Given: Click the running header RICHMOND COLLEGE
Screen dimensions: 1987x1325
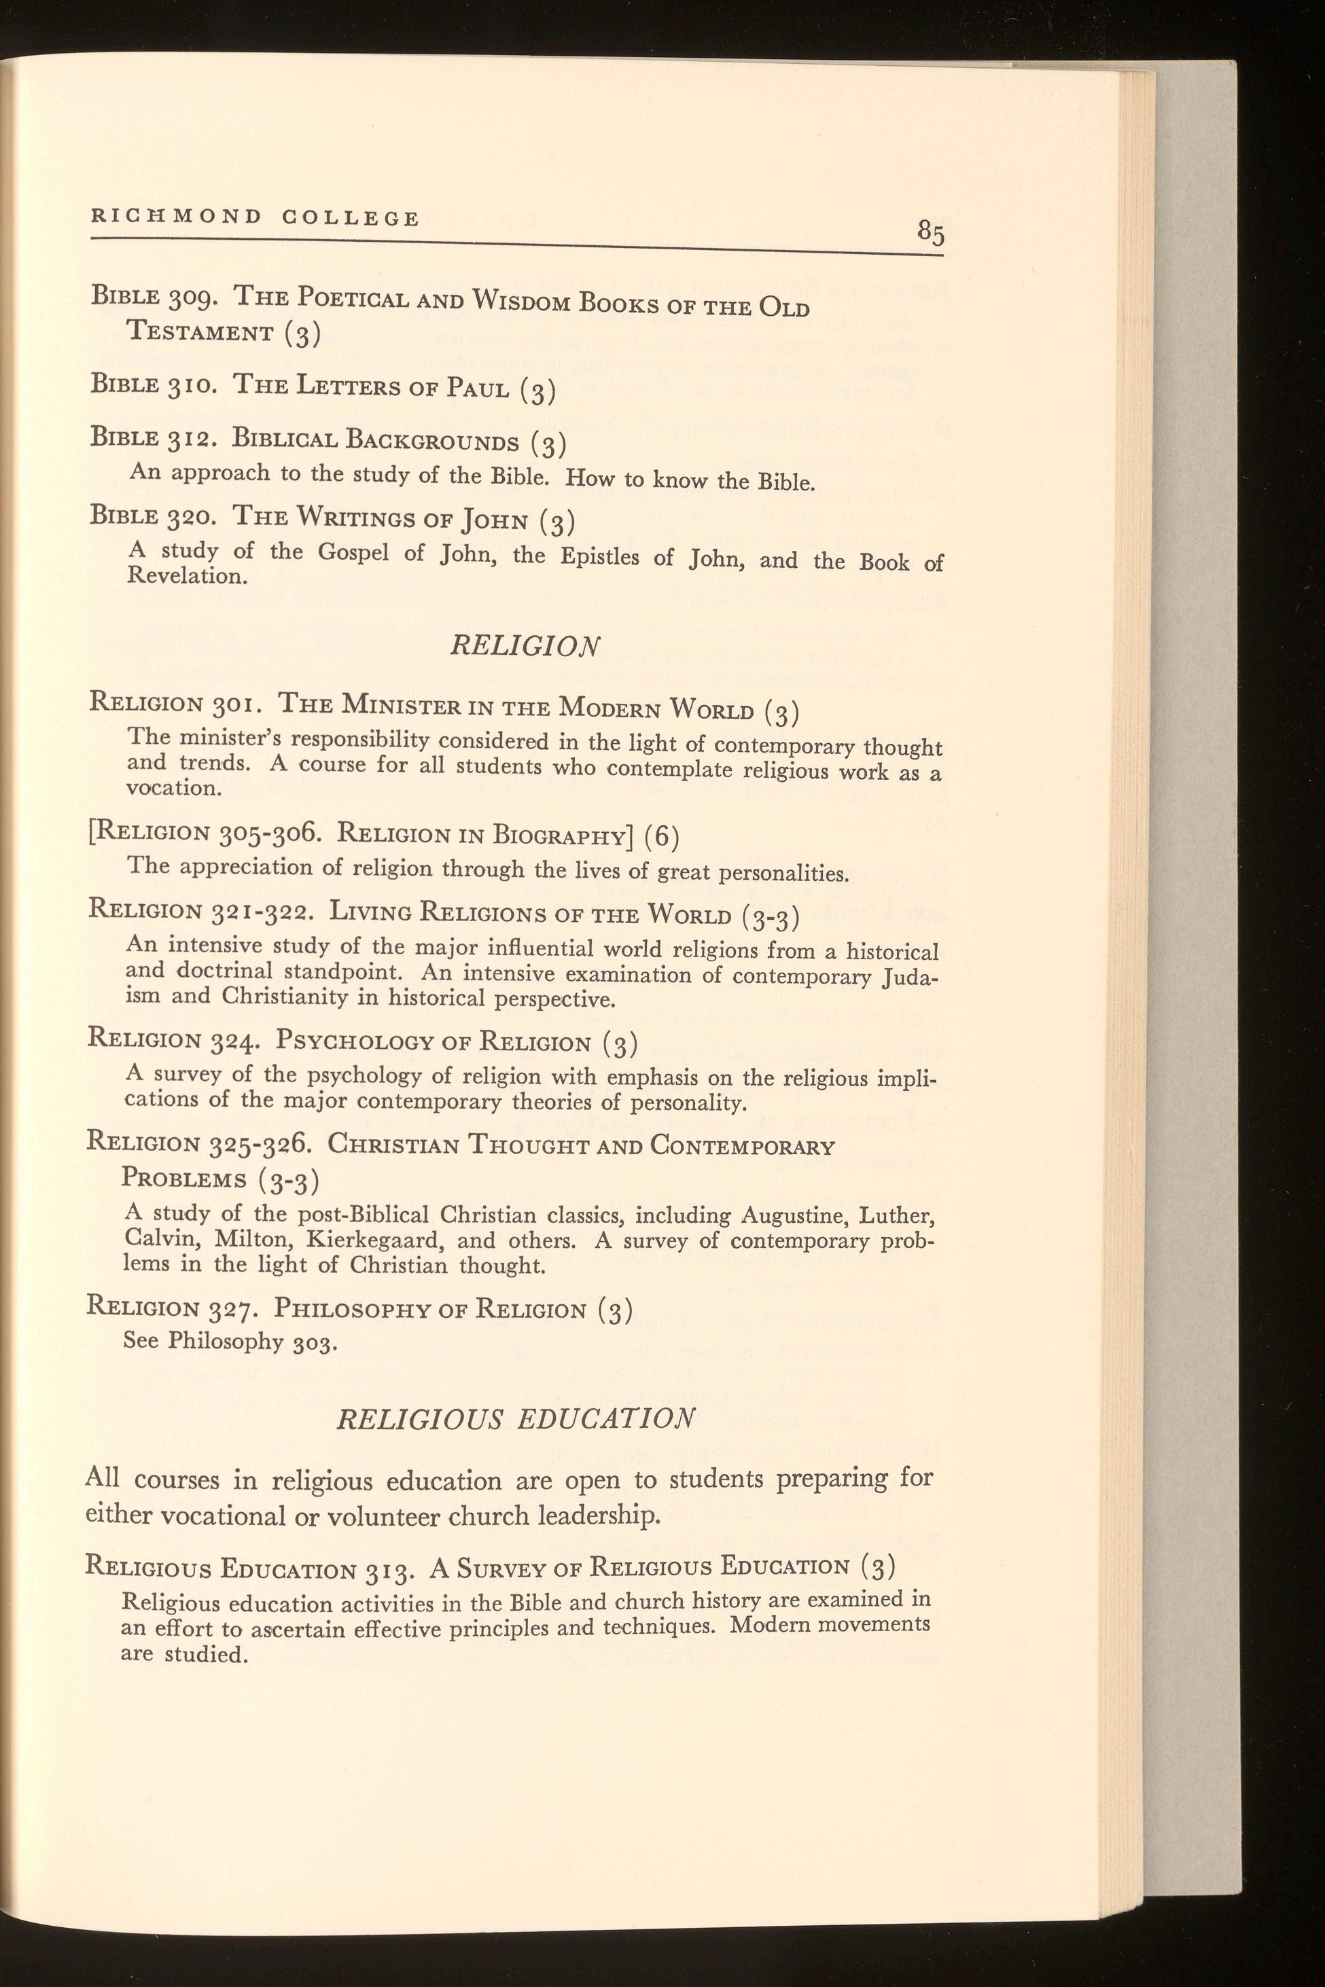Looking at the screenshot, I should pyautogui.click(x=255, y=217).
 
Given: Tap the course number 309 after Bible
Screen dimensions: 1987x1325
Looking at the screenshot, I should pyautogui.click(x=196, y=298).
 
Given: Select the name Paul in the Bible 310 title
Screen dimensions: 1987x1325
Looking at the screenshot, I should pyautogui.click(x=478, y=388).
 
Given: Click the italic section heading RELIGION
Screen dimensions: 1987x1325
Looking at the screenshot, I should pyautogui.click(x=525, y=646).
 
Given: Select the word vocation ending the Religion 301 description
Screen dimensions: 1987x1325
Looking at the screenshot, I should pyautogui.click(x=173, y=788).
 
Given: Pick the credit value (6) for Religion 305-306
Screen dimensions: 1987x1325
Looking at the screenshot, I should pyautogui.click(x=662, y=836).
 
